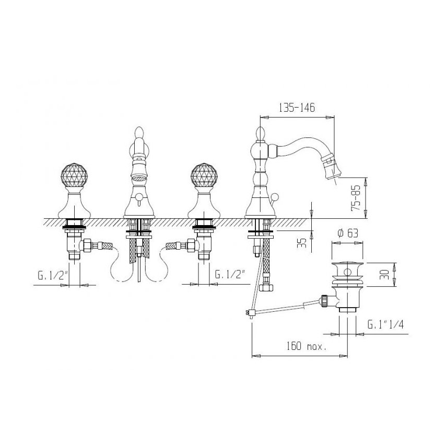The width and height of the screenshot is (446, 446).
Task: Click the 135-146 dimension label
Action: tap(297, 108)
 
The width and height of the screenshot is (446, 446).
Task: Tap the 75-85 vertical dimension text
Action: tap(356, 198)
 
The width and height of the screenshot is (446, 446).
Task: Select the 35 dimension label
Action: tap(303, 243)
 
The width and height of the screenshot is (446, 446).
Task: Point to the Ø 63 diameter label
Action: tap(348, 233)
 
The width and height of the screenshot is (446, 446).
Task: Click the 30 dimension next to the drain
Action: tap(384, 275)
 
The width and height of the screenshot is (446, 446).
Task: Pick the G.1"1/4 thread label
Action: tap(385, 324)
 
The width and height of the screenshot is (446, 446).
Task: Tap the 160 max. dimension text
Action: tap(306, 346)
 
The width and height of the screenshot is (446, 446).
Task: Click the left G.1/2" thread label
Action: tap(53, 275)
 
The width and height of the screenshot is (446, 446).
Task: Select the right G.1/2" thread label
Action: tap(230, 274)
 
